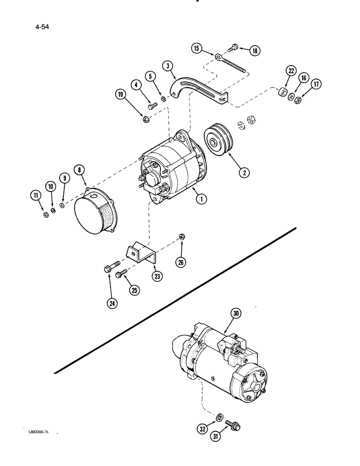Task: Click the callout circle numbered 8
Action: click(x=80, y=170)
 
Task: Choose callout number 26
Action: click(x=180, y=262)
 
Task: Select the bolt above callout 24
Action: click(x=107, y=269)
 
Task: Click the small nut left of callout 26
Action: click(x=182, y=239)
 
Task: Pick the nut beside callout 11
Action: click(x=46, y=214)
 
